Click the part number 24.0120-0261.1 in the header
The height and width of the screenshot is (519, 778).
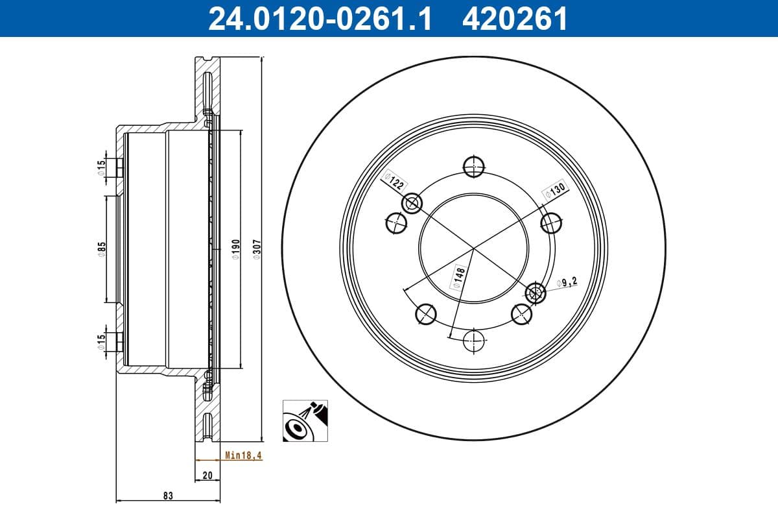click(x=319, y=19)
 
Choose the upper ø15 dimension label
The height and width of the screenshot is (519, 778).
click(x=101, y=167)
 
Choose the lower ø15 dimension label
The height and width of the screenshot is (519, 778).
click(x=101, y=342)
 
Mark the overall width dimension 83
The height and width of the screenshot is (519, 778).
click(x=168, y=496)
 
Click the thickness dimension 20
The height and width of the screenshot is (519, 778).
click(x=207, y=476)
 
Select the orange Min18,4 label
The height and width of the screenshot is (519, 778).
click(x=243, y=455)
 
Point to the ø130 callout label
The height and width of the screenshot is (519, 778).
click(x=555, y=189)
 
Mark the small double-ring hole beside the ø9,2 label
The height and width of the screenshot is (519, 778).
click(x=536, y=293)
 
